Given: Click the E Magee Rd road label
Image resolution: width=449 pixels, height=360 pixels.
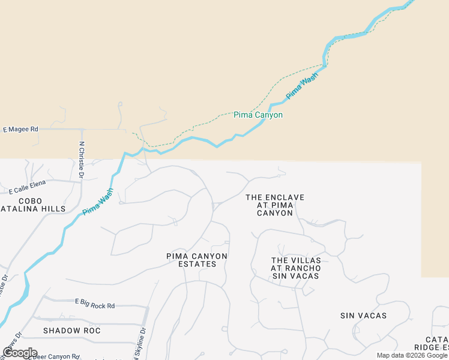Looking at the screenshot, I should click(20, 129).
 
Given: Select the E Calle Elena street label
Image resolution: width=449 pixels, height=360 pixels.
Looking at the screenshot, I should click(28, 191).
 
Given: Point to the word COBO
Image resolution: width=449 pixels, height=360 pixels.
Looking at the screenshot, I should click(31, 200).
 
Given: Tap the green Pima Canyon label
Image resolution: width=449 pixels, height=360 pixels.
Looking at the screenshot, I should click(258, 115).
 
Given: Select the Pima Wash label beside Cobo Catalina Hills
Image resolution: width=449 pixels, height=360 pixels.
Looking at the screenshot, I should click(98, 202).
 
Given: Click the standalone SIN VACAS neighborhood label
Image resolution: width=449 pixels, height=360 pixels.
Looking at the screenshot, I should click(363, 316).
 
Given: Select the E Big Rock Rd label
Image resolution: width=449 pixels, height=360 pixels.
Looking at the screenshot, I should click(94, 306).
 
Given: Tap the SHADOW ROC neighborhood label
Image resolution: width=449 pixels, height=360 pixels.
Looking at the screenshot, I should click(71, 331).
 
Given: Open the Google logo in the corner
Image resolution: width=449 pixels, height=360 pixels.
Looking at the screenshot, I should click(20, 353).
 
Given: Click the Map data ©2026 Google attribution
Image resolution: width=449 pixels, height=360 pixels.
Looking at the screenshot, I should click(412, 355).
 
